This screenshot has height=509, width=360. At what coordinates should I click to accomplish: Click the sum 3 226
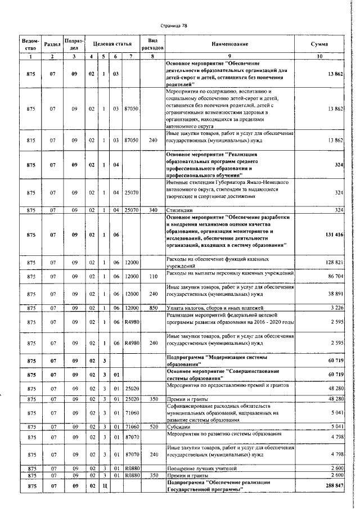tap(336, 308)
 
